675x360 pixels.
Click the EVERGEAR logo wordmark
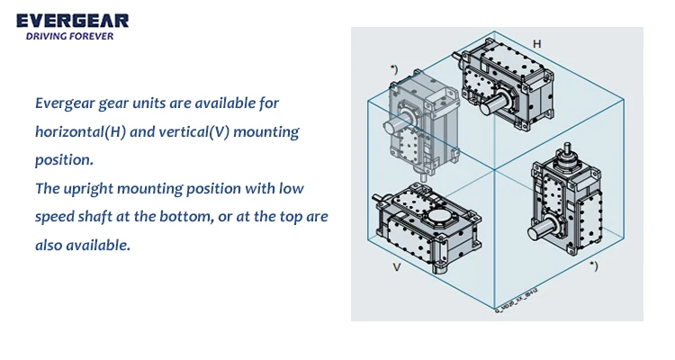[x=72, y=20]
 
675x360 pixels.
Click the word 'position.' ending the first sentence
[x=64, y=160]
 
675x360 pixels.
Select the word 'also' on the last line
[x=49, y=245]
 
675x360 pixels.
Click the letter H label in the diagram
[x=537, y=43]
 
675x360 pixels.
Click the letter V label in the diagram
[x=396, y=267]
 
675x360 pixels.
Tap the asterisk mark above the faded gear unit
[x=393, y=68]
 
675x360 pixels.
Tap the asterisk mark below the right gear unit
[x=592, y=265]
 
